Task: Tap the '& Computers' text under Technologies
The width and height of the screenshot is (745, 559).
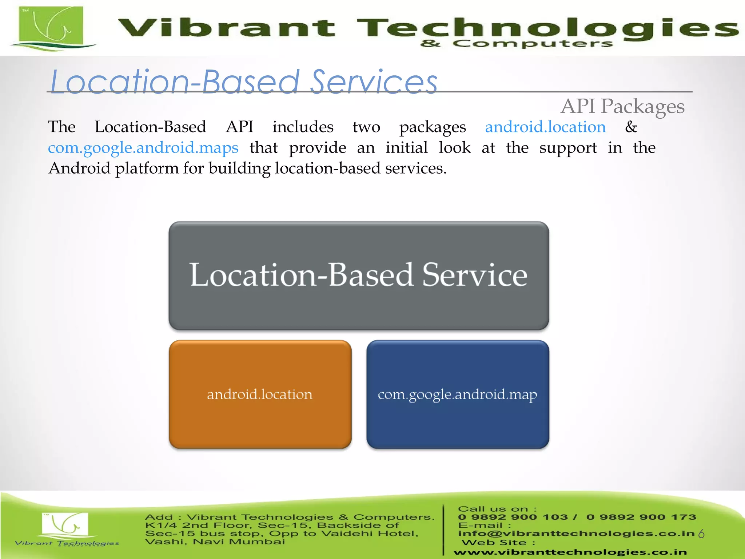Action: (x=517, y=44)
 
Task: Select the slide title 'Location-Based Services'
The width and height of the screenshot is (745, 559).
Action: (x=243, y=82)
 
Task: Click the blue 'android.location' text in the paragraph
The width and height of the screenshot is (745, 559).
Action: (x=545, y=127)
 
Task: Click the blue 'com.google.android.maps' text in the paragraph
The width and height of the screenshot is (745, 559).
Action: (x=143, y=148)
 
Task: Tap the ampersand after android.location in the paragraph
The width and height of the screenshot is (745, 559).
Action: (x=631, y=127)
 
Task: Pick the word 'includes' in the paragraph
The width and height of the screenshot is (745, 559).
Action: (x=303, y=127)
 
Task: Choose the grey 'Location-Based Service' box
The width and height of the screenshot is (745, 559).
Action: (x=359, y=275)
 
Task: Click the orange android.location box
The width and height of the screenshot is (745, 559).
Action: (x=260, y=394)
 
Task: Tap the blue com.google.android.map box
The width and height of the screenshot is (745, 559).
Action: (x=458, y=394)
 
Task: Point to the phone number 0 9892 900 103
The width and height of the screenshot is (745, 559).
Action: (x=513, y=517)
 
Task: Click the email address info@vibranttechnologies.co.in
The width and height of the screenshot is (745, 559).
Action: (x=576, y=534)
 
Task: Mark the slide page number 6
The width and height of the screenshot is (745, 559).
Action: (x=702, y=534)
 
